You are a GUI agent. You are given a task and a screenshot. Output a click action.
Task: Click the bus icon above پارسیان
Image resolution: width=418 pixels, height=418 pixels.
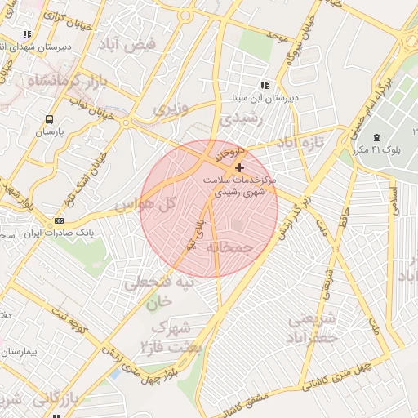point(49,118)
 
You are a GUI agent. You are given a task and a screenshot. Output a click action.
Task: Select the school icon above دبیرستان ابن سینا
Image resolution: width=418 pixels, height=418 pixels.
point(264,84)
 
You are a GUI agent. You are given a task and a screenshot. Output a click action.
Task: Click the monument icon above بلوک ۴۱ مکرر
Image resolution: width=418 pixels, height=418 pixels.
point(376,136)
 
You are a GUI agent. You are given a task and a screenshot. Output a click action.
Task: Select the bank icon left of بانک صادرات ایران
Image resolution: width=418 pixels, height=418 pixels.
point(59,220)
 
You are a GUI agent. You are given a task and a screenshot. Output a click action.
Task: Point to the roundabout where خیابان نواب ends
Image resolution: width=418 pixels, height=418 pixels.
point(126,122)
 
